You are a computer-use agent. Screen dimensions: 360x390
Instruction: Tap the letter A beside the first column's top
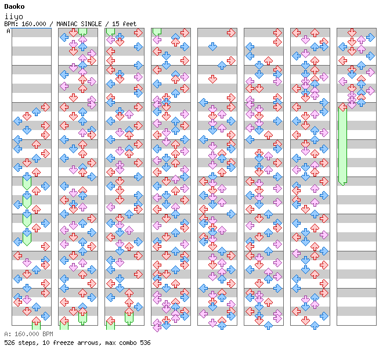(x=8, y=31)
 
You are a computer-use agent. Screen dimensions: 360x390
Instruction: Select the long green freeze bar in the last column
(x=342, y=145)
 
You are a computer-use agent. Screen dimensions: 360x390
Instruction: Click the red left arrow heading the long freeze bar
(x=342, y=107)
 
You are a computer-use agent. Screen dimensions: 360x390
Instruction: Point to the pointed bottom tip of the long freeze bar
(x=342, y=183)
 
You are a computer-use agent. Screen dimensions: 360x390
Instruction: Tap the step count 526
(x=9, y=343)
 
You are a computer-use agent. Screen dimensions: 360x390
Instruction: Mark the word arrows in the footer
(x=86, y=343)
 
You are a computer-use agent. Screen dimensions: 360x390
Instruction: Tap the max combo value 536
(x=146, y=343)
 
